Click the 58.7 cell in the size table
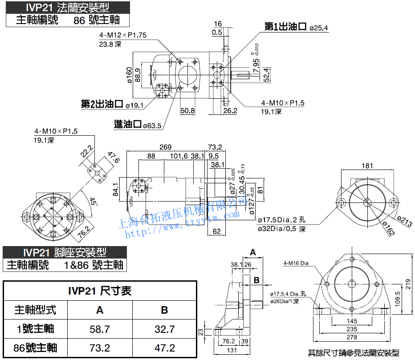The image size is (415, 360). point(100,329)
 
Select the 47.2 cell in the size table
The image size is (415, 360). point(164,348)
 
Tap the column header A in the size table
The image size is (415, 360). point(100,310)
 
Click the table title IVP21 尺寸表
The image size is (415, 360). point(100,291)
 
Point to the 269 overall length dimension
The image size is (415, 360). point(165,147)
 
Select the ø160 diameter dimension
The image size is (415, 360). point(129,75)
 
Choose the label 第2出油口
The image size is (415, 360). point(102,104)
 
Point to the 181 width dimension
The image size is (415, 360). point(367,166)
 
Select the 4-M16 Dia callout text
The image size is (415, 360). point(296,263)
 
